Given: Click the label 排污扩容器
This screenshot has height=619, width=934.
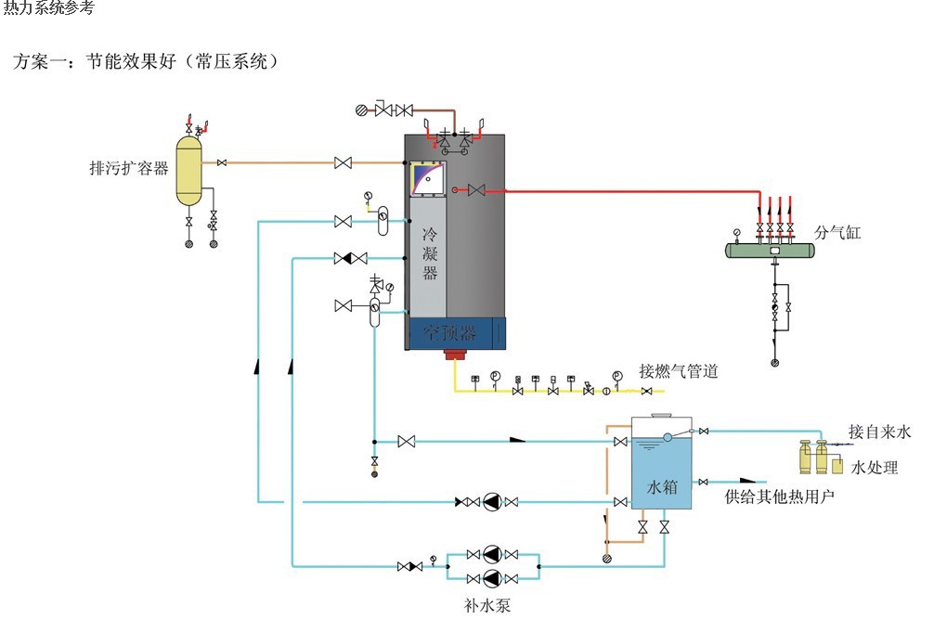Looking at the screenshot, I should (128, 169).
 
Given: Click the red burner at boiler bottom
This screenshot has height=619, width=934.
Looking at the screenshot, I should (455, 355).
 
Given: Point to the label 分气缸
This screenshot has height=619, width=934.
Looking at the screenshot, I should (837, 232).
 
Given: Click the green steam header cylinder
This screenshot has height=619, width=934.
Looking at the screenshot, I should (772, 250).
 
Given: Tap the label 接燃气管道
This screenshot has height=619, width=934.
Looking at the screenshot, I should (679, 371).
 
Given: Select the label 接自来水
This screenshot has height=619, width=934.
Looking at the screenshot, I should (879, 432).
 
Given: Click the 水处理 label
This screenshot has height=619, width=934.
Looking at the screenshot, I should (875, 468).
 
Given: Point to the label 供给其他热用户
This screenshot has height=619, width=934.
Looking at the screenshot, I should (779, 496).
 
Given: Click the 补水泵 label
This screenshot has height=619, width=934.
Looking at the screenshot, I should (487, 607).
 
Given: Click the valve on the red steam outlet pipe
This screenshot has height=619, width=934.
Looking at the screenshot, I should (477, 190).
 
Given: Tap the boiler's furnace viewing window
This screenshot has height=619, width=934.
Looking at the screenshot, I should (427, 178).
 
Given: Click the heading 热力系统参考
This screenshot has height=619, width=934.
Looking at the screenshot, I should (48, 8).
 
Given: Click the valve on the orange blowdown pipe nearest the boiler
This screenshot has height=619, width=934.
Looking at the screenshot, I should (344, 163).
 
